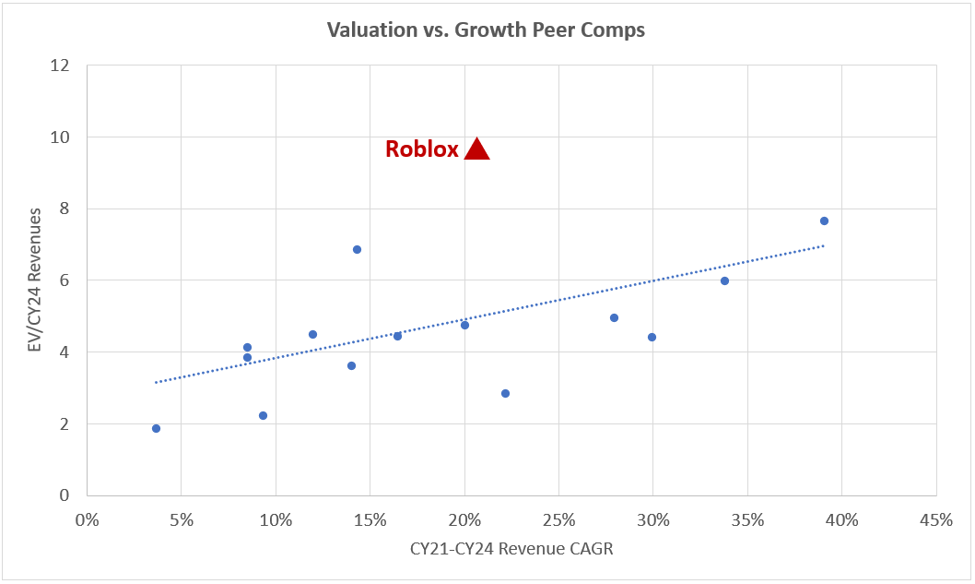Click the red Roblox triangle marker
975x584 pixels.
[x=476, y=150]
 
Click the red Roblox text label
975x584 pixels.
[x=421, y=149]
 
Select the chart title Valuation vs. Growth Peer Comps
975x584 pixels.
[x=487, y=30]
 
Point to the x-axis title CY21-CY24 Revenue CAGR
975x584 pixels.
[x=511, y=549]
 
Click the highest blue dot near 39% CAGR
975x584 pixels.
[x=824, y=220]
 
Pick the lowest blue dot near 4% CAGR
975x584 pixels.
[x=156, y=428]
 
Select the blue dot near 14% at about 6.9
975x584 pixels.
[x=357, y=249]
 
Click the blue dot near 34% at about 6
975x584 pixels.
[x=724, y=280]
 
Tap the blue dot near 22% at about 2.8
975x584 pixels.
[x=505, y=393]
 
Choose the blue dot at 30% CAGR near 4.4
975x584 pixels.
[x=652, y=337]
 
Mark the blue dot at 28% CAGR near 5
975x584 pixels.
[x=614, y=317]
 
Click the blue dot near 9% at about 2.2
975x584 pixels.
[x=263, y=415]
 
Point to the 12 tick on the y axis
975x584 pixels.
[x=61, y=66]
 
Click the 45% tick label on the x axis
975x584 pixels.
[x=935, y=519]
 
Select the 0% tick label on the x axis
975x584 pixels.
[x=87, y=519]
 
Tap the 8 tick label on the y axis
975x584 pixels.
[x=65, y=209]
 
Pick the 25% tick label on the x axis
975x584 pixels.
[x=558, y=519]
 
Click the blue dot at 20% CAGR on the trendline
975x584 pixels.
[x=464, y=325]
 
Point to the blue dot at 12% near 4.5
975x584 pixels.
[x=312, y=334]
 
